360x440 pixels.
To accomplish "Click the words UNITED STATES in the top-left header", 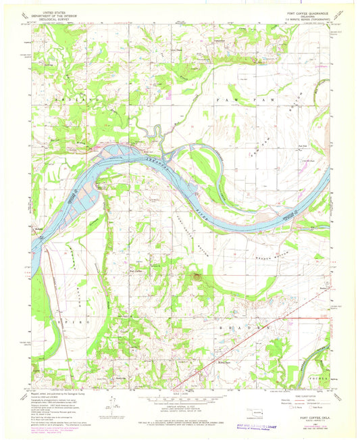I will click(x=55, y=11).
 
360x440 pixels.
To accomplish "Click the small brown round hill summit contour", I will click(x=197, y=275).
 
